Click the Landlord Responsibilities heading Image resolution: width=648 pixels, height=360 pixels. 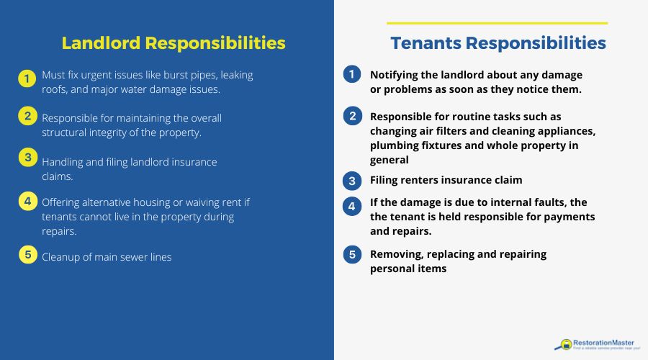tap(174, 42)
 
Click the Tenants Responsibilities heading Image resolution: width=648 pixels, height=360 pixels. tap(498, 43)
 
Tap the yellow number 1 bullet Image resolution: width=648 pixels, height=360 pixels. tap(27, 79)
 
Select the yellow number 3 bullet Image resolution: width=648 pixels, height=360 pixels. tap(27, 157)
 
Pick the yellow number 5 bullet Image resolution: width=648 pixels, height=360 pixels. tap(27, 254)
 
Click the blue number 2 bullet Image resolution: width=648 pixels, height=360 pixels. tap(352, 115)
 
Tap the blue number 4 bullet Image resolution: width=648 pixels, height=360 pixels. tap(352, 206)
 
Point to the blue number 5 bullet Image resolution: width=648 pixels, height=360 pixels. tap(352, 254)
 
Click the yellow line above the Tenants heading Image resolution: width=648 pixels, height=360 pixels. tap(497, 23)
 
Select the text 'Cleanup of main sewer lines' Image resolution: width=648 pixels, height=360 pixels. tap(107, 257)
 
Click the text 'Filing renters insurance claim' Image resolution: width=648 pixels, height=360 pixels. tap(446, 180)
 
